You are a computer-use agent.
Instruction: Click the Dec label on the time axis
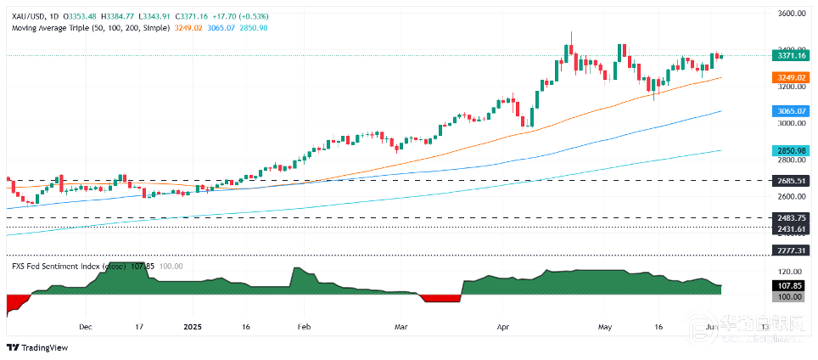click(84, 326)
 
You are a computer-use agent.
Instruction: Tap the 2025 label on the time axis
click(193, 326)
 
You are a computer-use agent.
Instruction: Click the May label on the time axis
click(604, 326)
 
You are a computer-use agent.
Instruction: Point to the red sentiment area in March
click(439, 297)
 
